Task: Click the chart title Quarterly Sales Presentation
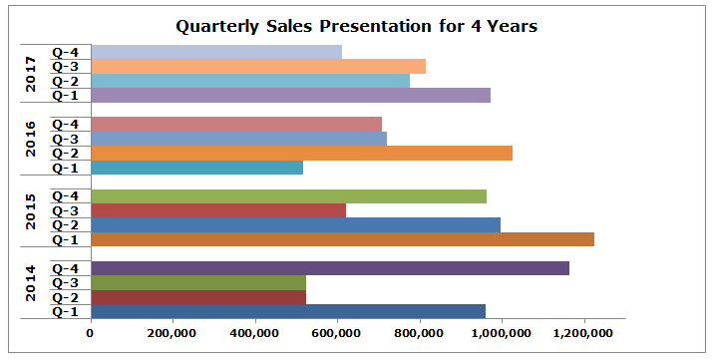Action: pyautogui.click(x=356, y=27)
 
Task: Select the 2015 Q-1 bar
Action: pyautogui.click(x=342, y=239)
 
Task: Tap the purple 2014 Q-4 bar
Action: pyautogui.click(x=329, y=268)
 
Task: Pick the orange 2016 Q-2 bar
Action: pyautogui.click(x=301, y=153)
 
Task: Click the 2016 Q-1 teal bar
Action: pyautogui.click(x=196, y=168)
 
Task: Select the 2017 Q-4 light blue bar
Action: pyautogui.click(x=216, y=52)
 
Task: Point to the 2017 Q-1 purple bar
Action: pyautogui.click(x=290, y=95)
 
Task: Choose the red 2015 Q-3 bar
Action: pyautogui.click(x=218, y=210)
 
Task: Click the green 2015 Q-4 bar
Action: pyautogui.click(x=288, y=196)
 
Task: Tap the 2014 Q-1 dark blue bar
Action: pyautogui.click(x=288, y=311)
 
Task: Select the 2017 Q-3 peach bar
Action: pyautogui.click(x=258, y=66)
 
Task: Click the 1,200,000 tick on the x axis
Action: pyautogui.click(x=582, y=333)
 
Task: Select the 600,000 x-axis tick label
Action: pyautogui.click(x=336, y=333)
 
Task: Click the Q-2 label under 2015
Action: pyautogui.click(x=66, y=225)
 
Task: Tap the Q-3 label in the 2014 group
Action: pyautogui.click(x=66, y=283)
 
